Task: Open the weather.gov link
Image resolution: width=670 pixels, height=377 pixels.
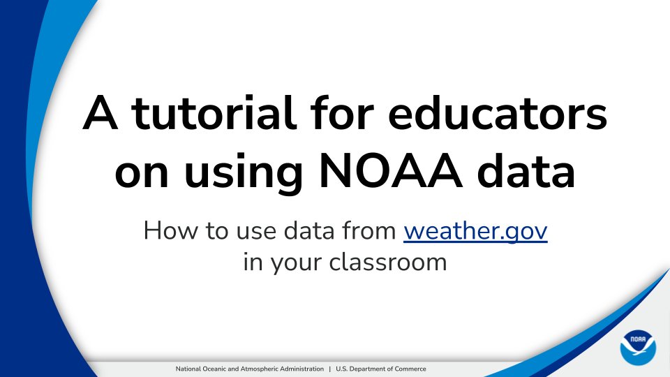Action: [475, 230]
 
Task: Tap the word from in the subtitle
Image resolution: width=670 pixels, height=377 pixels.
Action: [370, 230]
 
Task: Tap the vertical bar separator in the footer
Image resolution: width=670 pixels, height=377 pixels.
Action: [329, 369]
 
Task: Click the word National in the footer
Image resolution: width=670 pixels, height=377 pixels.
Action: [186, 369]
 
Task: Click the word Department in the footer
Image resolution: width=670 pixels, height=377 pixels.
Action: [366, 369]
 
